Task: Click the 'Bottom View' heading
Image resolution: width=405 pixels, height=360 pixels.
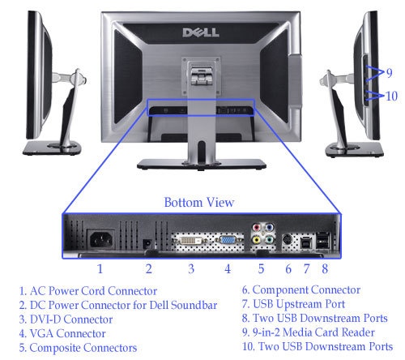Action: tap(199, 202)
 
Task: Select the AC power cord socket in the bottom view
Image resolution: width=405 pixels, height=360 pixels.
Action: tap(100, 241)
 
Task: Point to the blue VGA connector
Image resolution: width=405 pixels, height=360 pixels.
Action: tap(228, 241)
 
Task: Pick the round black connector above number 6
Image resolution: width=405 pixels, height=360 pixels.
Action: tap(289, 240)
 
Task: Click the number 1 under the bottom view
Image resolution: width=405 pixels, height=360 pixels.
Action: tap(100, 267)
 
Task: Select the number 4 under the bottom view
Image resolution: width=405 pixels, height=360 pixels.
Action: tap(228, 267)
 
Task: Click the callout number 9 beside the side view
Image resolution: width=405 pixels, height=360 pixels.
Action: tap(389, 73)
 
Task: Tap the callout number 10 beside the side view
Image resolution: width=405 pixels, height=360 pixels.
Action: tap(390, 95)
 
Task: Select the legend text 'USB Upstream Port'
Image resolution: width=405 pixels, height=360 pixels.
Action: tap(299, 304)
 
